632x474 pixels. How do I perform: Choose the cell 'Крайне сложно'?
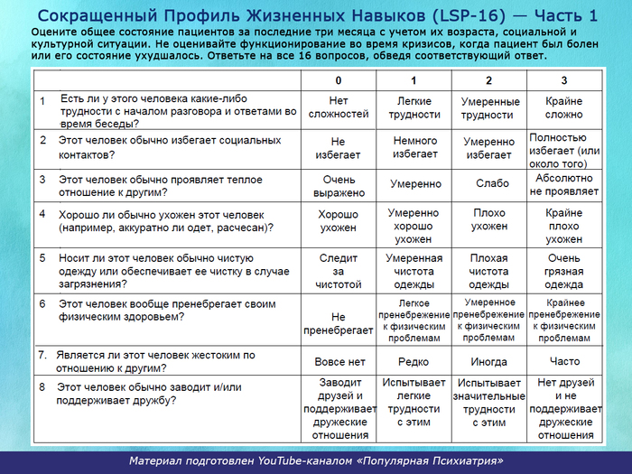click(x=563, y=108)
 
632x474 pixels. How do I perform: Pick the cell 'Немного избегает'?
click(x=415, y=148)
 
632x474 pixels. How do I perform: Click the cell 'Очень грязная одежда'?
click(x=563, y=271)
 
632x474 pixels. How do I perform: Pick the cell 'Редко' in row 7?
click(x=414, y=361)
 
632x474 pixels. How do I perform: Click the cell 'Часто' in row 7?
click(x=563, y=361)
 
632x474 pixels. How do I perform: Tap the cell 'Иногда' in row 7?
click(x=489, y=361)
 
